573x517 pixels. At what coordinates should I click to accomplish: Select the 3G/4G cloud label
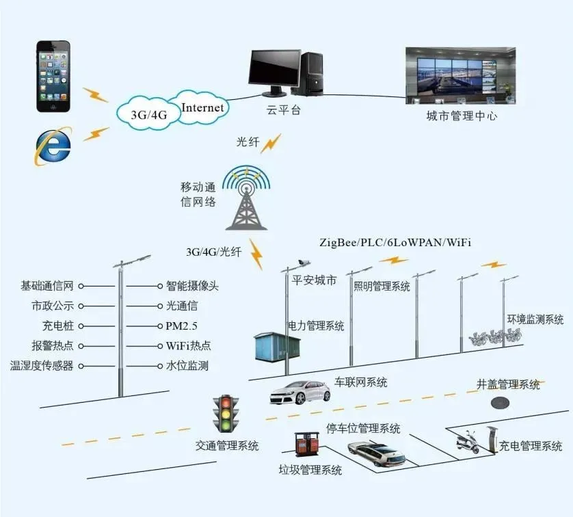149,115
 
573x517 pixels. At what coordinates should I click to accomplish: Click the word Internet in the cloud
202,107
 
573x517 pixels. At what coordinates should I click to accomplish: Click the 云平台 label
283,109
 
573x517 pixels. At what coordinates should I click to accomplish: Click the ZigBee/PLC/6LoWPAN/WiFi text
395,243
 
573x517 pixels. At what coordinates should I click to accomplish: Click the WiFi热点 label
189,345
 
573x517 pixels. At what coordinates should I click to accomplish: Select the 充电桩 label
57,326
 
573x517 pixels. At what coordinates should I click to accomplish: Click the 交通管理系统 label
227,446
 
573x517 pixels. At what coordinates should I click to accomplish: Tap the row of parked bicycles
494,336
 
